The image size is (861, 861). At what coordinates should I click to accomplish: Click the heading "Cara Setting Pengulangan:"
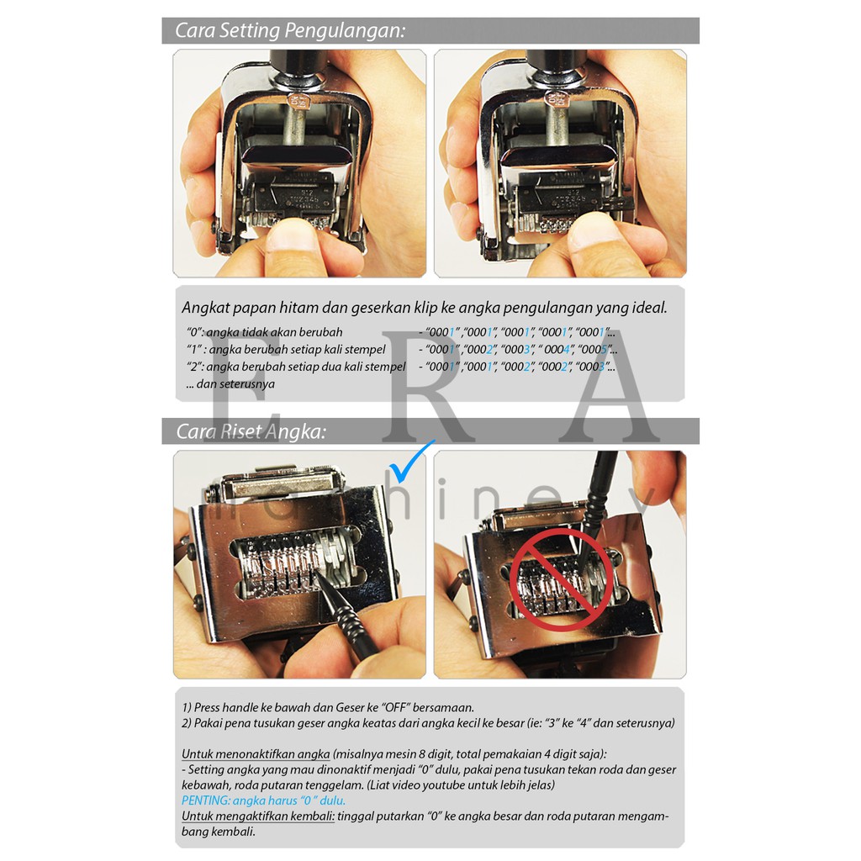290,30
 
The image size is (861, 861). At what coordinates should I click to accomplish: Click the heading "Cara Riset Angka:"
251,431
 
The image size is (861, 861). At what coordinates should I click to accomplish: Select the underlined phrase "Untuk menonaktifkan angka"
256,754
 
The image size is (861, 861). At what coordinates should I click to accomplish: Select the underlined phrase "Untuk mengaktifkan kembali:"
258,816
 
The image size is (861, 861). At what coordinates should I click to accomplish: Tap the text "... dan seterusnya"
230,383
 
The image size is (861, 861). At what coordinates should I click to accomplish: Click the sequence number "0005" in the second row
595,349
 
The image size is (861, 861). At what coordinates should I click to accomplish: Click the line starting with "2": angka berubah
296,367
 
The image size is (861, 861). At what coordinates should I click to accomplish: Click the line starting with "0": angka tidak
264,332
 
